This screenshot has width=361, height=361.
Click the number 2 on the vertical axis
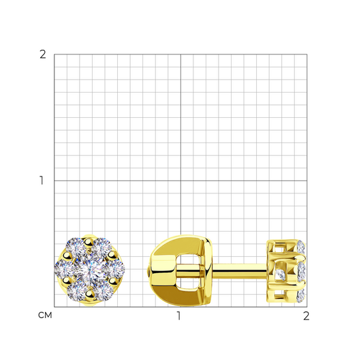[x=43, y=54]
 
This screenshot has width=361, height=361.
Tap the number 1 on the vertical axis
[x=42, y=180]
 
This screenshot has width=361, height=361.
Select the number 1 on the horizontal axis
[x=178, y=316]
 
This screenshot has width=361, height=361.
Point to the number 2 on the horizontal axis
[x=307, y=316]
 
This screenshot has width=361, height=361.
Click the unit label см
[x=45, y=315]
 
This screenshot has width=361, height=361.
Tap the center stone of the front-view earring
[x=89, y=271]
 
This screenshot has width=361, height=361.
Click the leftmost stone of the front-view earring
[x=64, y=268]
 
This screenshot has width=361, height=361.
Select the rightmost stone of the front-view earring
[x=115, y=268]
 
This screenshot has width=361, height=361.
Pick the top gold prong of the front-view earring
[x=87, y=242]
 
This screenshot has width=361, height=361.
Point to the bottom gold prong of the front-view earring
[x=89, y=295]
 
